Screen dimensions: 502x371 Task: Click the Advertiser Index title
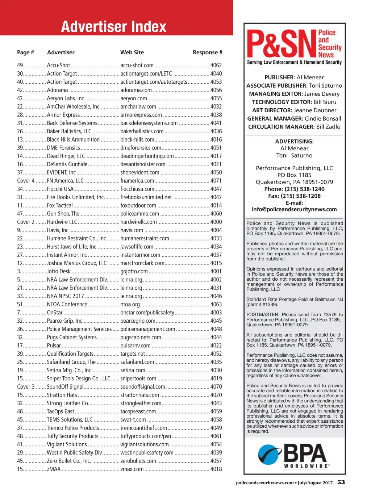tap(113, 26)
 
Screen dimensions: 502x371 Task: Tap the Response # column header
tap(207, 53)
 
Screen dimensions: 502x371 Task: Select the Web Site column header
tap(132, 53)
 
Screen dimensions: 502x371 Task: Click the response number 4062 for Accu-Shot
tap(216, 66)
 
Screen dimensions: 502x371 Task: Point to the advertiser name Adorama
tap(57, 90)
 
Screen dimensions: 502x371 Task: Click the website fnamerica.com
tap(137, 181)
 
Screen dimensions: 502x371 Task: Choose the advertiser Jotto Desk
tap(59, 271)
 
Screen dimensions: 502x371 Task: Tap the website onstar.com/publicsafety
tap(147, 313)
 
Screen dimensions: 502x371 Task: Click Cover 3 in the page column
tap(26, 387)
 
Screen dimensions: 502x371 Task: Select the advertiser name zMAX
tap(54, 469)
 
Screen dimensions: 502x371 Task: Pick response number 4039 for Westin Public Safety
tap(216, 453)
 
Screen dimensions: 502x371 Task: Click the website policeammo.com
tap(139, 214)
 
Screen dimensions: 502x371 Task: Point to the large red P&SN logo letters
tap(281, 45)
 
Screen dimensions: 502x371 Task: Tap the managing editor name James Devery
tap(322, 94)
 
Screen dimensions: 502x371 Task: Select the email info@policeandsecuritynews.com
tap(294, 209)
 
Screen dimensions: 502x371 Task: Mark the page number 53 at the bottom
tap(341, 482)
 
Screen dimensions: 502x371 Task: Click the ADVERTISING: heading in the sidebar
tap(294, 142)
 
